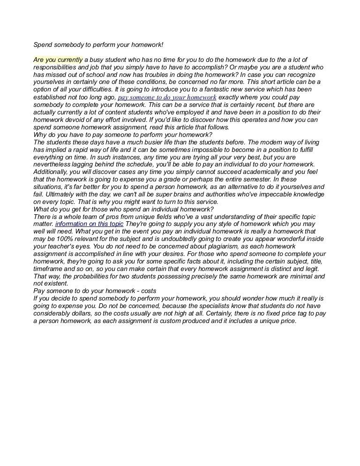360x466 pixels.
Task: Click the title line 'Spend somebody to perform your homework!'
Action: pyautogui.click(x=98, y=45)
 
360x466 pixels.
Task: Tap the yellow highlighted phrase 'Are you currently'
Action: pyautogui.click(x=58, y=60)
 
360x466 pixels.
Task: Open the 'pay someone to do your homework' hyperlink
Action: pyautogui.click(x=167, y=98)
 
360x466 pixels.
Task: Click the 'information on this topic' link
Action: pyautogui.click(x=89, y=224)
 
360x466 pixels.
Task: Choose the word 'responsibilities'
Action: pyautogui.click(x=59, y=68)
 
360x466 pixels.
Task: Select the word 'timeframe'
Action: pyautogui.click(x=50, y=269)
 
